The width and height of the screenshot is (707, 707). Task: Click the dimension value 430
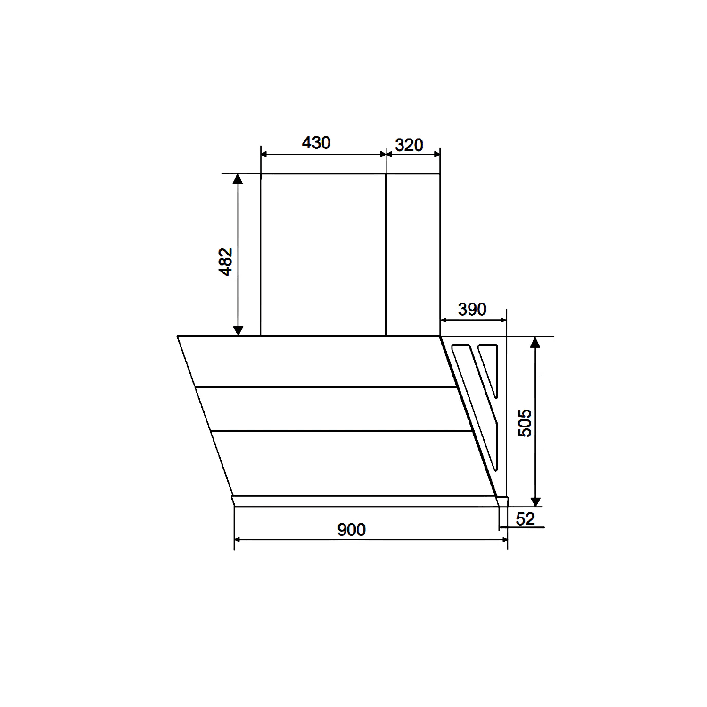[x=316, y=142]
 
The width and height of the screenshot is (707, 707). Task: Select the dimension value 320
[x=409, y=145]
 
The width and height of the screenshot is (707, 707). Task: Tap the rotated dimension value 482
[x=226, y=262]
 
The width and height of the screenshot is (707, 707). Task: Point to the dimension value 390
[x=472, y=310]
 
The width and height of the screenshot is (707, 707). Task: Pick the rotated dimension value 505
[x=525, y=423]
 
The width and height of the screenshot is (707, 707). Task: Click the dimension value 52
[x=525, y=519]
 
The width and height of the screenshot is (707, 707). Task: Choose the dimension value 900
[x=351, y=530]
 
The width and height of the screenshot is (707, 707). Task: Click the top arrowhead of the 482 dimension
[x=238, y=178]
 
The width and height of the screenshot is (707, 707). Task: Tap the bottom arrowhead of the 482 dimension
[x=238, y=330]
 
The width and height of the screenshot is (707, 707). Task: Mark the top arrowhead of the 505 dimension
[x=535, y=342]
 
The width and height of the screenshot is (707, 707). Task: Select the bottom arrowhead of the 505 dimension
[x=535, y=501]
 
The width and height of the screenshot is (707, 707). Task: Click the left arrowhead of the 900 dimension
[x=238, y=540]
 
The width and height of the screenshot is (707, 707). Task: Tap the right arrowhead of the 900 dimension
[x=504, y=540]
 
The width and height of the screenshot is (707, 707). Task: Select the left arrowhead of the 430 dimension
[x=264, y=154]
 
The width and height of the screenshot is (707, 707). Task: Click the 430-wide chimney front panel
[x=323, y=255]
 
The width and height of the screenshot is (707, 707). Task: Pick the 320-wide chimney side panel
[x=413, y=255]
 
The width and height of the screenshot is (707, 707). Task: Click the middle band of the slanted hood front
[x=335, y=409]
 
